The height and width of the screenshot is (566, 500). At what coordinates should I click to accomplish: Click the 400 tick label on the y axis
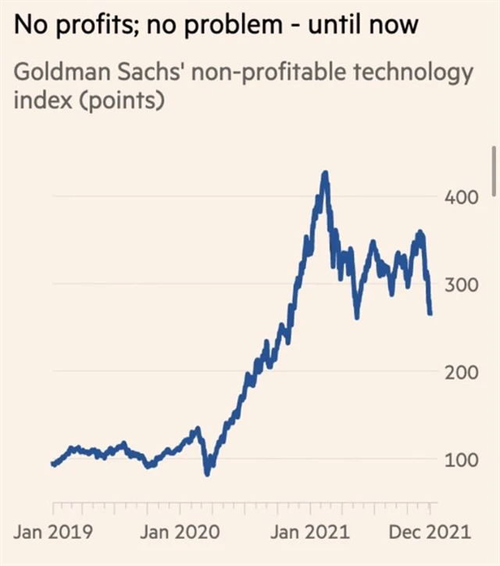[x=462, y=196]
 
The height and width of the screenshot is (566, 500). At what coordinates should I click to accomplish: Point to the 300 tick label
[x=462, y=284]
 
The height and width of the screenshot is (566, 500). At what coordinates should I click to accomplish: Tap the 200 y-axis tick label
[x=462, y=371]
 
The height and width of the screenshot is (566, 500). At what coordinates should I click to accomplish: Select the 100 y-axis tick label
[x=462, y=459]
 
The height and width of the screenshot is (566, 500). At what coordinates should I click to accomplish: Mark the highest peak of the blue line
[x=324, y=173]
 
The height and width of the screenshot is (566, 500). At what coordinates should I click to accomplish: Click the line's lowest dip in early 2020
[x=207, y=473]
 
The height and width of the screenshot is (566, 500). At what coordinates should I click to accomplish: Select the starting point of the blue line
[x=53, y=464]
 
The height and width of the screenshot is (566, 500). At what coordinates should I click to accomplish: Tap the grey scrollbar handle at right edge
[x=495, y=170]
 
